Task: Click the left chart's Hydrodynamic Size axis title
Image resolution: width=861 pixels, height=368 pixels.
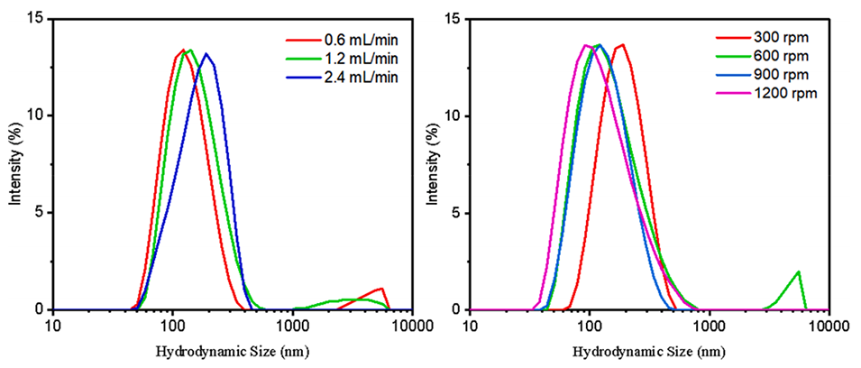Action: (x=233, y=348)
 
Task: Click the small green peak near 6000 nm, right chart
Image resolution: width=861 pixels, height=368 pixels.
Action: (x=798, y=272)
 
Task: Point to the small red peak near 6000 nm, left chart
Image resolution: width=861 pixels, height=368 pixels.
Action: (x=382, y=290)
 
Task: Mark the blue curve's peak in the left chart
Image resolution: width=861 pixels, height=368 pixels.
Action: (x=206, y=54)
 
